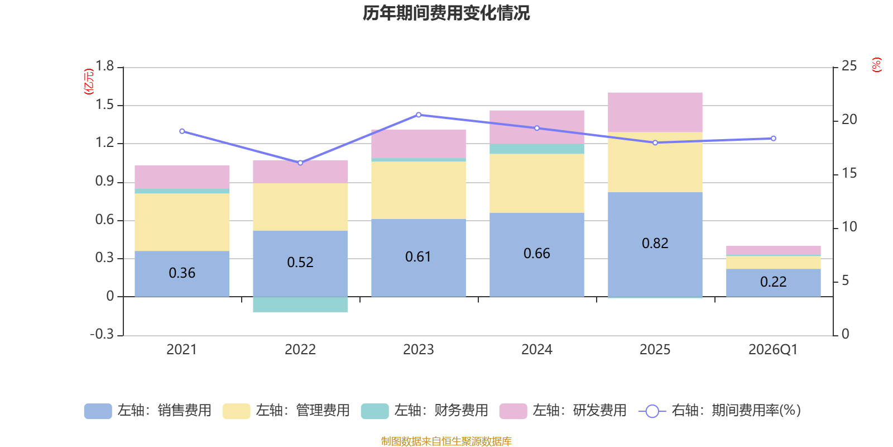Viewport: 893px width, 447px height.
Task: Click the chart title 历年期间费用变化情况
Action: [446, 13]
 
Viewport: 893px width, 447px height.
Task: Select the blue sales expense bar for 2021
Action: [182, 273]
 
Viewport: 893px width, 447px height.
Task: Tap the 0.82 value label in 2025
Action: [655, 244]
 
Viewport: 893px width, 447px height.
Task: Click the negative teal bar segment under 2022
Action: [300, 305]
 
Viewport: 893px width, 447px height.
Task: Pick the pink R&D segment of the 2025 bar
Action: [655, 112]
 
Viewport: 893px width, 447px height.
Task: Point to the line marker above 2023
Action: [419, 115]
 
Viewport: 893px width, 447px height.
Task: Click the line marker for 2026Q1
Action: [773, 138]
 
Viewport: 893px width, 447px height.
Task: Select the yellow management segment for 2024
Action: [537, 183]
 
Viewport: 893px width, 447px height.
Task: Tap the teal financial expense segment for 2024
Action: [537, 149]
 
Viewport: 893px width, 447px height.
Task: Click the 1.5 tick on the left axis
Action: [104, 104]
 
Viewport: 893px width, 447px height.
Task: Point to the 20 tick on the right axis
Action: [849, 120]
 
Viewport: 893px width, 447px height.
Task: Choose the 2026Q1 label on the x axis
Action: [773, 350]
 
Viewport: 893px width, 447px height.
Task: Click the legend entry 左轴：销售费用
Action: [148, 411]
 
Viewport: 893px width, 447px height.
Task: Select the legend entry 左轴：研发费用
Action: [564, 411]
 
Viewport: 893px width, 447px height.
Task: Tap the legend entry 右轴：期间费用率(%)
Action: [720, 411]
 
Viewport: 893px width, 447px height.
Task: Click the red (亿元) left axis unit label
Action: [89, 82]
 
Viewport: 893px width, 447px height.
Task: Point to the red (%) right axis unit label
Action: [877, 65]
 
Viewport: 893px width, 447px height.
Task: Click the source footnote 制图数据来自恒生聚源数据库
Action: [446, 441]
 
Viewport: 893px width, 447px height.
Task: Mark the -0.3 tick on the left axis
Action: [102, 334]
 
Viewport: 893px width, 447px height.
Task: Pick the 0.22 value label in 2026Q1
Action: [773, 282]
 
